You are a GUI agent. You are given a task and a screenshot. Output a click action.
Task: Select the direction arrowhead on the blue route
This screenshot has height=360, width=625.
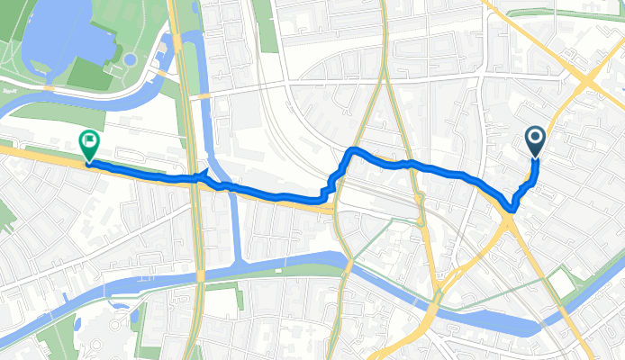204,177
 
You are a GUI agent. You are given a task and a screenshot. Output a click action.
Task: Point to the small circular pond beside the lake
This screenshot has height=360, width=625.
131,60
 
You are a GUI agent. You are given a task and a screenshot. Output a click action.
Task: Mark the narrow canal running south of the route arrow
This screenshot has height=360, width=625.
235,225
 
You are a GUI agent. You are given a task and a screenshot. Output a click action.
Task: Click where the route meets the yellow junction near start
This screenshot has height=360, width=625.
511,208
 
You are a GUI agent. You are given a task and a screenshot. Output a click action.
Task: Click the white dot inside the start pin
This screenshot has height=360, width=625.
535,138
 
